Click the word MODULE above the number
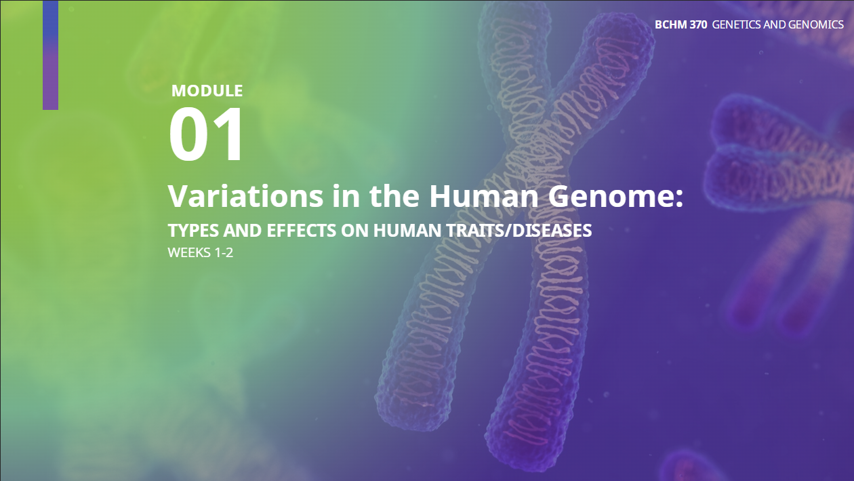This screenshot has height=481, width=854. (207, 91)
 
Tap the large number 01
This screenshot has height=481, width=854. (205, 134)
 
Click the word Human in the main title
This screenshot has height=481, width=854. (484, 195)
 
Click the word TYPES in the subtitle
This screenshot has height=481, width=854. (193, 231)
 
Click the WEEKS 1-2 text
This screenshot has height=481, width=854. (200, 253)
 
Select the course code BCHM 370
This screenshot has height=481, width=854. (681, 25)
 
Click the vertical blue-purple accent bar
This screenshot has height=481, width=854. (50, 55)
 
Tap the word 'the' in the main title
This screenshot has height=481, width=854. (394, 195)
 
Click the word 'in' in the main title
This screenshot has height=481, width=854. (346, 195)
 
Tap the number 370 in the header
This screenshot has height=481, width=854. (698, 25)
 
